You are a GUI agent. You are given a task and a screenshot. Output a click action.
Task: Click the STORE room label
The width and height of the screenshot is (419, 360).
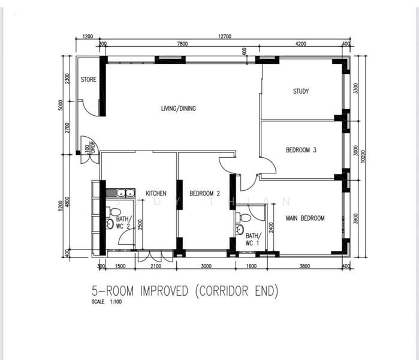tap(89, 80)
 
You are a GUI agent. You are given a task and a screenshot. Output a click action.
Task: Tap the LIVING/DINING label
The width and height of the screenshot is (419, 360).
tap(178, 109)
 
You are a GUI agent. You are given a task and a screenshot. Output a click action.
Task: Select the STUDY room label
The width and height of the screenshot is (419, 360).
tap(300, 92)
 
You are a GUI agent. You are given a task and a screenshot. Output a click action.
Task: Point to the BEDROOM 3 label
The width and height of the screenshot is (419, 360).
tap(301, 150)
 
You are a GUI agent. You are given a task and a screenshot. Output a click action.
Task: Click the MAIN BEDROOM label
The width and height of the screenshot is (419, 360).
tap(305, 218)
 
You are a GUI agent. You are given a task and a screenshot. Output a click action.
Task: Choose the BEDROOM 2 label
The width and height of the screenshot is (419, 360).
tap(205, 193)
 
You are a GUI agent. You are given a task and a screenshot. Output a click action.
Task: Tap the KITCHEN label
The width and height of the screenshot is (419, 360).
tap(156, 193)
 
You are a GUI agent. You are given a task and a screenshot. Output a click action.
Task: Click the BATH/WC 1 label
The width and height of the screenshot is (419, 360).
tap(252, 239)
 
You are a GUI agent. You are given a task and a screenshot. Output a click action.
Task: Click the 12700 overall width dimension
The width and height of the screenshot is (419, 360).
tap(225, 37)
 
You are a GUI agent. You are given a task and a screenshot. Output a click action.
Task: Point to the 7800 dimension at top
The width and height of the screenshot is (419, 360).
tap(182, 43)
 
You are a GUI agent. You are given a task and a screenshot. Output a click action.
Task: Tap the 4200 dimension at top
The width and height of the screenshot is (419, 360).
tap(300, 43)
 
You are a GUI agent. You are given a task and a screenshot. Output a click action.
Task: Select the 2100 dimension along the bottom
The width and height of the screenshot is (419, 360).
tap(155, 266)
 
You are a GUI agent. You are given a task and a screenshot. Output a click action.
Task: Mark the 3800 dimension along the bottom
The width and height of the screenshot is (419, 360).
tap(305, 266)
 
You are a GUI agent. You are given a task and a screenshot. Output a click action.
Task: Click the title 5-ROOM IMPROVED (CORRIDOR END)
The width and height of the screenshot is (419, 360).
tap(185, 291)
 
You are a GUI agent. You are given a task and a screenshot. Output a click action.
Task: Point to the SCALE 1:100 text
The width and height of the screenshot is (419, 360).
tap(107, 302)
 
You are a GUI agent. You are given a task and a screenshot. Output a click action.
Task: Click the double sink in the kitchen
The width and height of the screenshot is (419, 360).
tap(124, 193)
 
